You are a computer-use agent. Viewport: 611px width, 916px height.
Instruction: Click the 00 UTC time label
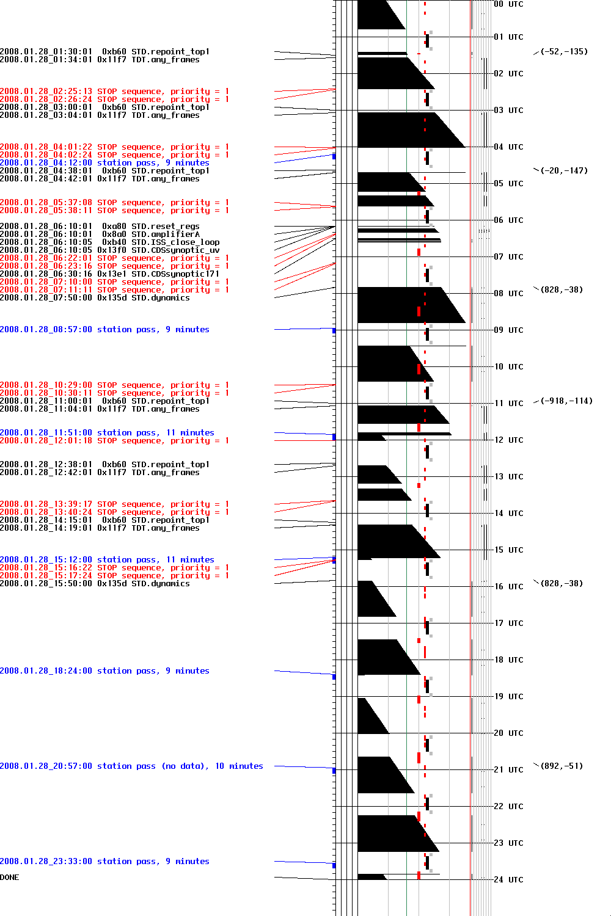pyautogui.click(x=508, y=4)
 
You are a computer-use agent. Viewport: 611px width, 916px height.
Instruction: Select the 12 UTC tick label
pyautogui.click(x=508, y=440)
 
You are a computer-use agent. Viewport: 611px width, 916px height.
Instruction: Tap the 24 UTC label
pyautogui.click(x=508, y=880)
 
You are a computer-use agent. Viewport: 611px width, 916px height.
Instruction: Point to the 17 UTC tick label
pyautogui.click(x=508, y=623)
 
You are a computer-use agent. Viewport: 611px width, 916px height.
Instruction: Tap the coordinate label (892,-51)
pyautogui.click(x=562, y=766)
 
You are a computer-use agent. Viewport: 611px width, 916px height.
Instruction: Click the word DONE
pyautogui.click(x=10, y=878)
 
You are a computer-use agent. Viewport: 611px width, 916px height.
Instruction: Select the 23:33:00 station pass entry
pyautogui.click(x=104, y=862)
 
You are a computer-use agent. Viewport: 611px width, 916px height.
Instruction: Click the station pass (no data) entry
pyautogui.click(x=131, y=766)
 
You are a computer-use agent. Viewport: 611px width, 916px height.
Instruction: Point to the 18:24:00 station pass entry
pyautogui.click(x=104, y=671)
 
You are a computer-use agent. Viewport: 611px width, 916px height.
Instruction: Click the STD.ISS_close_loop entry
pyautogui.click(x=175, y=242)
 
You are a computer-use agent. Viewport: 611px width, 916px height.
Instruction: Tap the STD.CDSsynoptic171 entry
pyautogui.click(x=175, y=274)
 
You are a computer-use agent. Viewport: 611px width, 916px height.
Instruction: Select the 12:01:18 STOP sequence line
pyautogui.click(x=114, y=441)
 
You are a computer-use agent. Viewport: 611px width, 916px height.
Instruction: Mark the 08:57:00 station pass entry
pyautogui.click(x=104, y=330)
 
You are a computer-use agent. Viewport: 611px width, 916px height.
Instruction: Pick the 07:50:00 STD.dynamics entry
pyautogui.click(x=95, y=298)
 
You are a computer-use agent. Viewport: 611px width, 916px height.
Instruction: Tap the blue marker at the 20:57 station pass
pyautogui.click(x=334, y=771)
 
